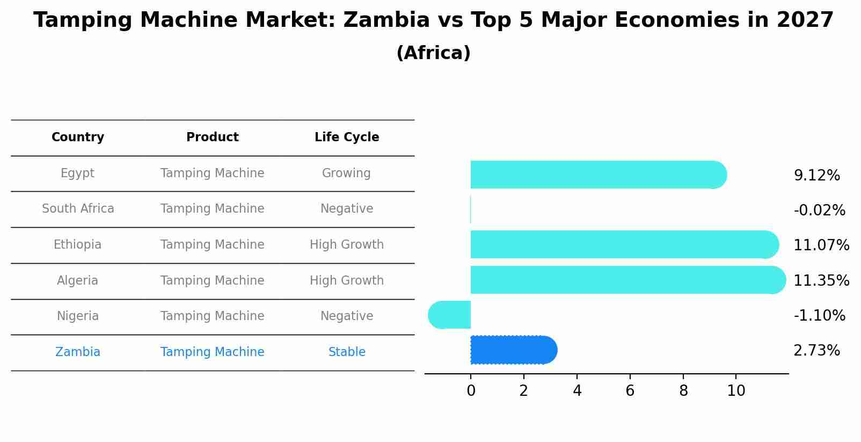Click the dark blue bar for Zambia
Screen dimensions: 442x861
(513, 350)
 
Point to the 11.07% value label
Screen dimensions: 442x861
(821, 245)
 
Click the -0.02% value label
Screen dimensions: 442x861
(819, 210)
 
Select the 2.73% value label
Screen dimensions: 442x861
(816, 351)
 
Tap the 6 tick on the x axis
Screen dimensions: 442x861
(630, 391)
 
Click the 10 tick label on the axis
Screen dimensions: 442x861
(736, 391)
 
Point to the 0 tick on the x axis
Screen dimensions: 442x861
(471, 391)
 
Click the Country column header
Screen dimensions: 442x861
(78, 137)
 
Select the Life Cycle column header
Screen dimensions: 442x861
(347, 137)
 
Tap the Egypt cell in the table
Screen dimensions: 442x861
(77, 173)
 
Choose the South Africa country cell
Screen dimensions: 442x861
(78, 209)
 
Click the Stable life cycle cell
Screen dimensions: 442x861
(347, 352)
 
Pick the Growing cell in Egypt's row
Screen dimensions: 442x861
(346, 173)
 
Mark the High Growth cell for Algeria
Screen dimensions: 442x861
(347, 281)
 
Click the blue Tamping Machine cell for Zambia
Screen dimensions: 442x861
(212, 352)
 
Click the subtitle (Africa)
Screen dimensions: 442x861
(433, 53)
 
